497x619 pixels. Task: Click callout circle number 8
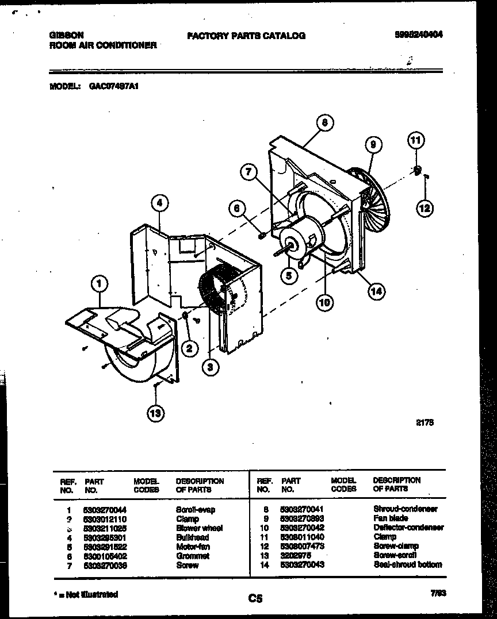point(325,122)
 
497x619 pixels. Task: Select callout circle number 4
point(160,203)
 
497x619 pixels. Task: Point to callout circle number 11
point(416,140)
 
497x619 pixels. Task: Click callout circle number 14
point(376,291)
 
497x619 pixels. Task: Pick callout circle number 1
point(100,283)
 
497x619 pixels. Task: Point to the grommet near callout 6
point(261,234)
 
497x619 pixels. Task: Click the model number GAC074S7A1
point(114,86)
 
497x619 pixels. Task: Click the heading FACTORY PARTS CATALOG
point(246,36)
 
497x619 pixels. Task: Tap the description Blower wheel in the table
point(199,528)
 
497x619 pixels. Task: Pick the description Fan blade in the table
point(391,518)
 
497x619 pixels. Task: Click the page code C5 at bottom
point(255,598)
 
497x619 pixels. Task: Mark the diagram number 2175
point(425,422)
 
